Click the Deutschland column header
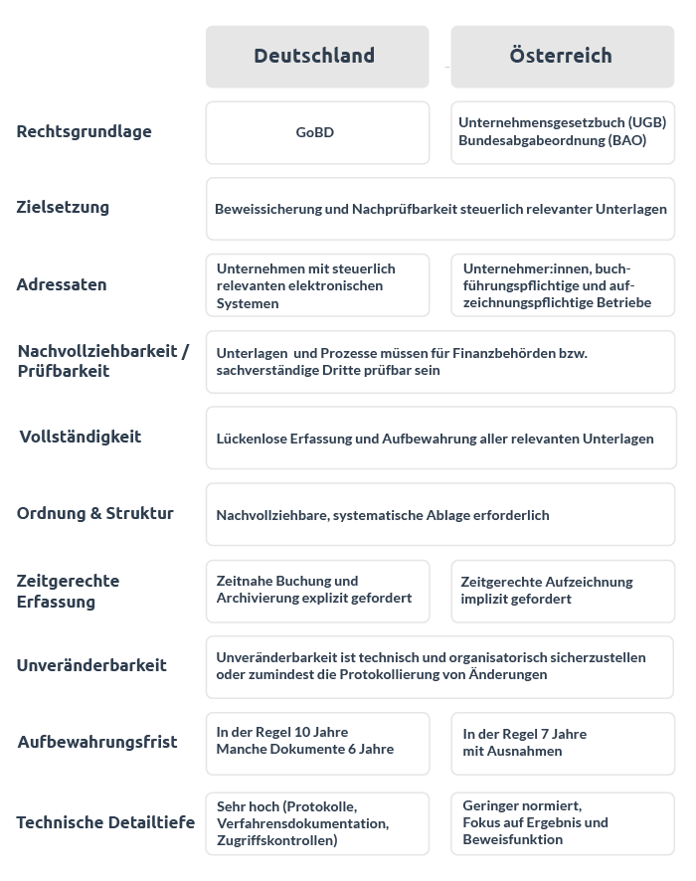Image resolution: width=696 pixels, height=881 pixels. tap(314, 56)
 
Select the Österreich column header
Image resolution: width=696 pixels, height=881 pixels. tap(561, 56)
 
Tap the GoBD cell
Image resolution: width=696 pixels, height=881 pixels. tap(315, 132)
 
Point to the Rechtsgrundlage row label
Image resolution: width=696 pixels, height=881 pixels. tap(85, 131)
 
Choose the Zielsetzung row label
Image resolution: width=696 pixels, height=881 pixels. tap(63, 207)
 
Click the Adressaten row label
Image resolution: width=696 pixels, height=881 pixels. tap(62, 284)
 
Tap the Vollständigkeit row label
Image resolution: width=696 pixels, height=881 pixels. tap(81, 437)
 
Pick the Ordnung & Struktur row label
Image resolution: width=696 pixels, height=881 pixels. tap(95, 513)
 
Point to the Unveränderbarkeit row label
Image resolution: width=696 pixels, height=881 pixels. tap(91, 665)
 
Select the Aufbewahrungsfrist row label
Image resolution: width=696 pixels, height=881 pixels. tap(97, 742)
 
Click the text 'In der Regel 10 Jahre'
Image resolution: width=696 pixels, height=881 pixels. tap(282, 733)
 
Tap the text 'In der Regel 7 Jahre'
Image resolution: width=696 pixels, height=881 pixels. tap(525, 734)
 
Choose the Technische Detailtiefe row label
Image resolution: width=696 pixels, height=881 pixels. tap(105, 822)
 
